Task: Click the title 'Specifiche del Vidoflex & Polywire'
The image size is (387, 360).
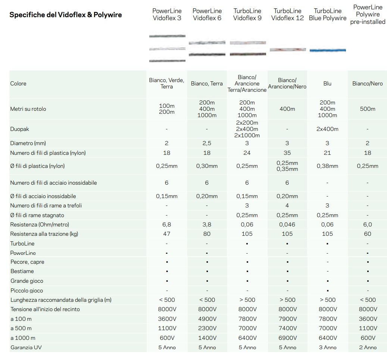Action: click(x=65, y=15)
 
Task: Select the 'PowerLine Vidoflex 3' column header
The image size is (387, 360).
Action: click(x=167, y=15)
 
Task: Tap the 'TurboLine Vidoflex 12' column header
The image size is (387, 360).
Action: click(x=287, y=15)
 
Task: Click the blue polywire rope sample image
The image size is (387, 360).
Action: click(x=328, y=50)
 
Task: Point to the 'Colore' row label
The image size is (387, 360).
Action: click(x=18, y=84)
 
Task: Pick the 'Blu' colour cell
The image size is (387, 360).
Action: click(x=327, y=84)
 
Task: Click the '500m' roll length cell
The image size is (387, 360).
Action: click(x=368, y=109)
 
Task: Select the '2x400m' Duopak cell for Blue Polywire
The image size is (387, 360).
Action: click(x=327, y=129)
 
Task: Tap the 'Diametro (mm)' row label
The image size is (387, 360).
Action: click(x=28, y=143)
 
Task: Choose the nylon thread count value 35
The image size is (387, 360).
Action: click(x=287, y=153)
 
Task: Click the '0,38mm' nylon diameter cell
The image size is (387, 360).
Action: click(x=327, y=166)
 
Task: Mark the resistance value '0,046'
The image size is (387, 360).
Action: click(x=287, y=225)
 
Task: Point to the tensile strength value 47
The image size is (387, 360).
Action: click(x=167, y=234)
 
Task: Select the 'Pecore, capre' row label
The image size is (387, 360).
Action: click(x=27, y=262)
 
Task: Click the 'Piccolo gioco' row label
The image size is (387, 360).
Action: click(x=26, y=291)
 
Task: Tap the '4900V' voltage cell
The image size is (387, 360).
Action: click(x=207, y=319)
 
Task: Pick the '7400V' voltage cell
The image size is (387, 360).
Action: click(x=287, y=328)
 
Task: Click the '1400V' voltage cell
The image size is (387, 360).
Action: click(x=207, y=338)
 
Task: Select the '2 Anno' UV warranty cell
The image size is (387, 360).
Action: click(x=368, y=347)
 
